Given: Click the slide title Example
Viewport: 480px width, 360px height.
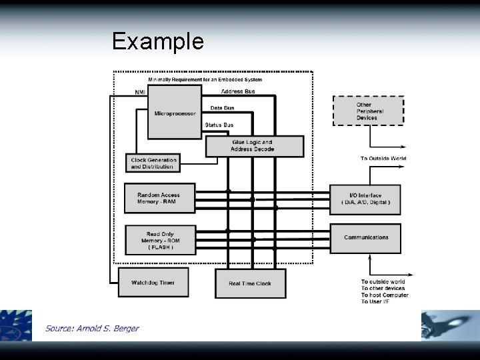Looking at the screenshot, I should (158, 42).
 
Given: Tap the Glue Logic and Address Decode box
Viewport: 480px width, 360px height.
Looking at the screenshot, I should (254, 146).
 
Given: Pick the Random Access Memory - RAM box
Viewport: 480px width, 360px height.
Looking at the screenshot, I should (159, 199).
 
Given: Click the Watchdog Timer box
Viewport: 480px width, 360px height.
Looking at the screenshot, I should (153, 283).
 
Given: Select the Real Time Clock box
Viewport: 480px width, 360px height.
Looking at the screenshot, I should (250, 283).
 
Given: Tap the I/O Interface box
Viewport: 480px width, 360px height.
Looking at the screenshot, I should (365, 199).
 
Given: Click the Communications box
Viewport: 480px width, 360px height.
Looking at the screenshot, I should (365, 237).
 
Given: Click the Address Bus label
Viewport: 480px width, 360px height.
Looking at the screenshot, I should (237, 91).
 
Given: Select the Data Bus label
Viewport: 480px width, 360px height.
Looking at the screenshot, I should (221, 107).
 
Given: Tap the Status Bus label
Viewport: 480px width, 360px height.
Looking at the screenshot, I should (219, 125).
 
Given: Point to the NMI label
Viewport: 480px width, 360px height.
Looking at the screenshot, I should (140, 92).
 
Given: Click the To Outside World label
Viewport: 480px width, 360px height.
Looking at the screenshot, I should (383, 159).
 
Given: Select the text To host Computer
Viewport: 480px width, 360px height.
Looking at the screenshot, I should (385, 295).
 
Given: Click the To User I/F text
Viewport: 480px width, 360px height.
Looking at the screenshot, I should (375, 302).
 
